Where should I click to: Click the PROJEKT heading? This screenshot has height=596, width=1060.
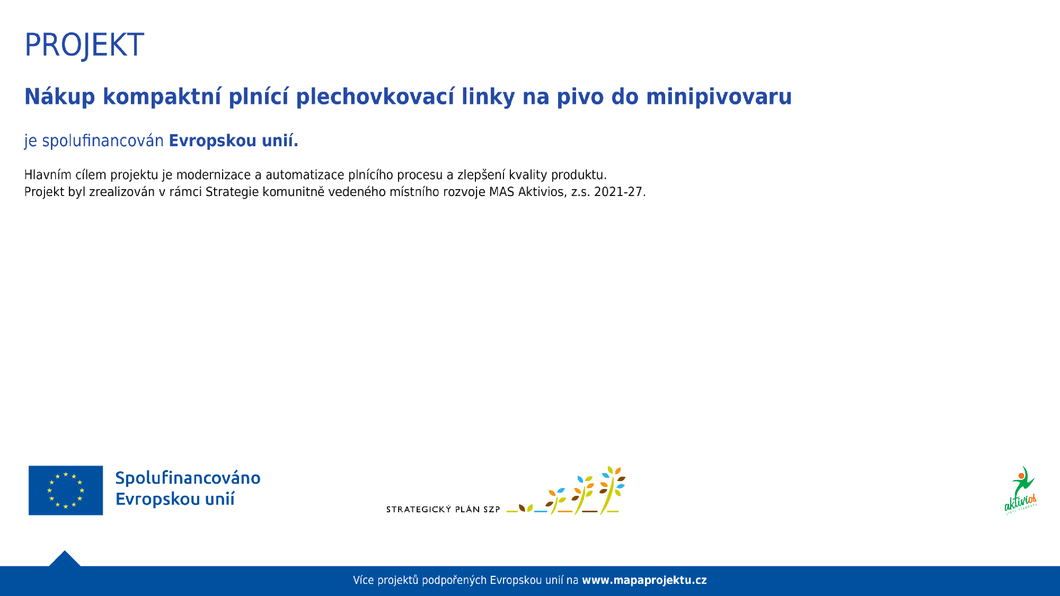click(x=84, y=45)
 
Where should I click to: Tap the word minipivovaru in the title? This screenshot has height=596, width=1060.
click(x=719, y=97)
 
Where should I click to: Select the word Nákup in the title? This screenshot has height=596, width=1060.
click(x=60, y=97)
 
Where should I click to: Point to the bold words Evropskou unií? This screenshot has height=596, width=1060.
click(x=234, y=140)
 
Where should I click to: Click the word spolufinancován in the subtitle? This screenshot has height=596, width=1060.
click(x=103, y=141)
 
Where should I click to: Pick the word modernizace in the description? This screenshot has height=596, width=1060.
click(x=214, y=175)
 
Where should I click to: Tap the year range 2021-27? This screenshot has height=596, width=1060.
click(x=620, y=192)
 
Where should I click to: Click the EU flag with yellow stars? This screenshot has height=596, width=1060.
click(x=66, y=491)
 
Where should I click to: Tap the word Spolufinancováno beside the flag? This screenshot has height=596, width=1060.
click(x=188, y=478)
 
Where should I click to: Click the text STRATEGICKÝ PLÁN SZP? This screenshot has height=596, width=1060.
click(x=443, y=510)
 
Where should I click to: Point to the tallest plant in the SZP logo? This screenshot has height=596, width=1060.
click(x=612, y=490)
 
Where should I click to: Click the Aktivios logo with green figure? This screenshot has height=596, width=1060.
click(x=1021, y=491)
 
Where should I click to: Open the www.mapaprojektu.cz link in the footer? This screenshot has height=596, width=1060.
click(x=644, y=580)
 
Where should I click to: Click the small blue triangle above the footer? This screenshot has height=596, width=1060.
click(x=65, y=559)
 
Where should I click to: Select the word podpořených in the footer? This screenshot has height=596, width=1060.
click(x=454, y=581)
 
